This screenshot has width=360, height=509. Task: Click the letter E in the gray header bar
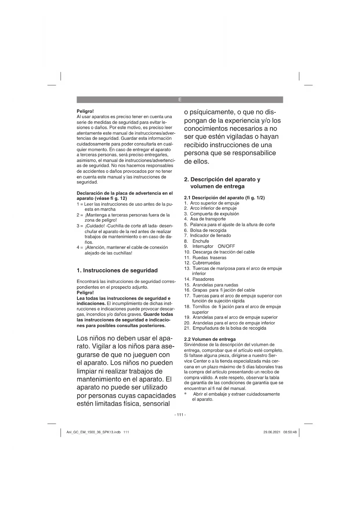[180, 100]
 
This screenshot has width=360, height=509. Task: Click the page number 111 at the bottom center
[180, 415]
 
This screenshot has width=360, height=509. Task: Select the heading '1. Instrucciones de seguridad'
[117, 270]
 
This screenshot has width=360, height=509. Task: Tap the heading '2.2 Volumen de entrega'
[210, 339]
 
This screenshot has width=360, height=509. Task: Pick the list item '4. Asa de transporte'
[205, 219]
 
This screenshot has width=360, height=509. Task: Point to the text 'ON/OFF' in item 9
[226, 246]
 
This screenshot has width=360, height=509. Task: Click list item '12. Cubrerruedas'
[202, 263]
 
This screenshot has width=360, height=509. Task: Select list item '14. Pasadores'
[199, 279]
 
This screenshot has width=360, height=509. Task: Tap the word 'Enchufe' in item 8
[201, 241]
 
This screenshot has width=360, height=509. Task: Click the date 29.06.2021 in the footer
[272, 432]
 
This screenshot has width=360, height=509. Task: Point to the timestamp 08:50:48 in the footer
[290, 432]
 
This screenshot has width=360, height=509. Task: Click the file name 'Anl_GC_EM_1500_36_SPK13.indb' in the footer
[93, 432]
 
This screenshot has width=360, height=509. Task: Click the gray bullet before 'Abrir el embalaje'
[186, 394]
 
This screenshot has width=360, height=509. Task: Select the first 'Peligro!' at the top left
[85, 111]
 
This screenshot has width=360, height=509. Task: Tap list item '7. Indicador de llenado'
[208, 235]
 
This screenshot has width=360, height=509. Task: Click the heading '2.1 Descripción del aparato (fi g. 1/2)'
[225, 198]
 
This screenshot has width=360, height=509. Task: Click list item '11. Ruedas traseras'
[205, 258]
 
